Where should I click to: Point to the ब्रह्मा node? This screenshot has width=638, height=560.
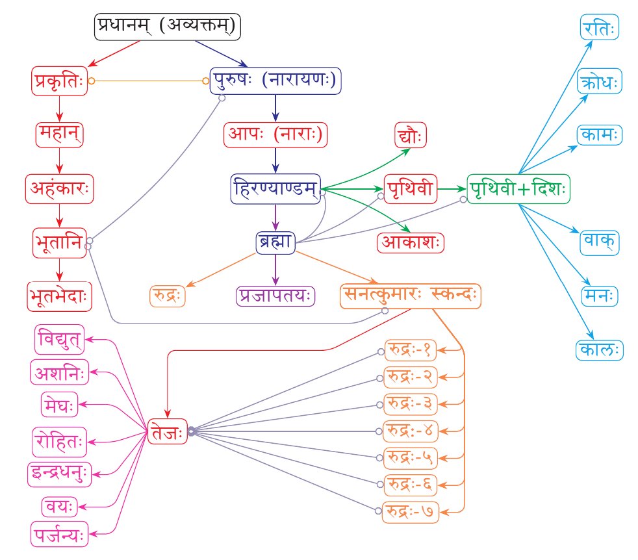point(275,242)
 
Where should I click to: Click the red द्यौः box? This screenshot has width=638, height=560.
point(411,137)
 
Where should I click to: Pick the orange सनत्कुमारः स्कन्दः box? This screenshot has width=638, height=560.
point(411,296)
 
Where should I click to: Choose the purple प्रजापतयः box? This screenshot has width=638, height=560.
point(275,296)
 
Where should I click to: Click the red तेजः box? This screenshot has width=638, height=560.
point(167,431)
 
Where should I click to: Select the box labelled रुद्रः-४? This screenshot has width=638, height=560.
point(411,430)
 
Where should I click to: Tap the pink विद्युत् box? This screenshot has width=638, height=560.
point(59,339)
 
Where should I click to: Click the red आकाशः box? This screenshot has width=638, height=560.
point(411,242)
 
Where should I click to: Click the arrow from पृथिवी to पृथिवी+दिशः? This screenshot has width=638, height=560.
point(452,188)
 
